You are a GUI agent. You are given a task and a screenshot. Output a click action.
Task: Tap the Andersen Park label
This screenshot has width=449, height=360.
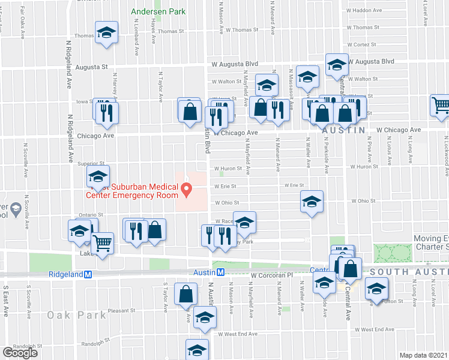(x=158, y=11)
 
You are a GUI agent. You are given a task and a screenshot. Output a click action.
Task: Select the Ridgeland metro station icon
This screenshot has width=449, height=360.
(x=88, y=274)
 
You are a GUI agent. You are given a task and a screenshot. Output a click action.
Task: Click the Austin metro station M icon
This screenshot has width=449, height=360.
(x=220, y=272)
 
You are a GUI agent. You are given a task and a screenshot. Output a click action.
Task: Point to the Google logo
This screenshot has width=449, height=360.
(x=19, y=352)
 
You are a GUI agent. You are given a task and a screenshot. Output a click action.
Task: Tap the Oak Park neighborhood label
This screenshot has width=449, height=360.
(x=68, y=315)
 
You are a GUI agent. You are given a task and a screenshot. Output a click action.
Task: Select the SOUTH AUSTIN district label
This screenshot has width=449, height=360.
(x=409, y=272)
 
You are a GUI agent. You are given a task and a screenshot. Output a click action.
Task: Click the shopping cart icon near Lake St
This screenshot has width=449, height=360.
(x=103, y=244)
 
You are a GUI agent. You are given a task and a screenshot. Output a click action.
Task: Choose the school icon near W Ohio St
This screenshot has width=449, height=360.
(x=311, y=218)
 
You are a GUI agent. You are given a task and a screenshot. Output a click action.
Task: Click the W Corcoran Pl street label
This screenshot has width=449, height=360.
(x=271, y=275)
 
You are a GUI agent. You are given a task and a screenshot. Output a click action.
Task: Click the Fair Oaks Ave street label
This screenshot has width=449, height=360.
(x=23, y=19)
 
